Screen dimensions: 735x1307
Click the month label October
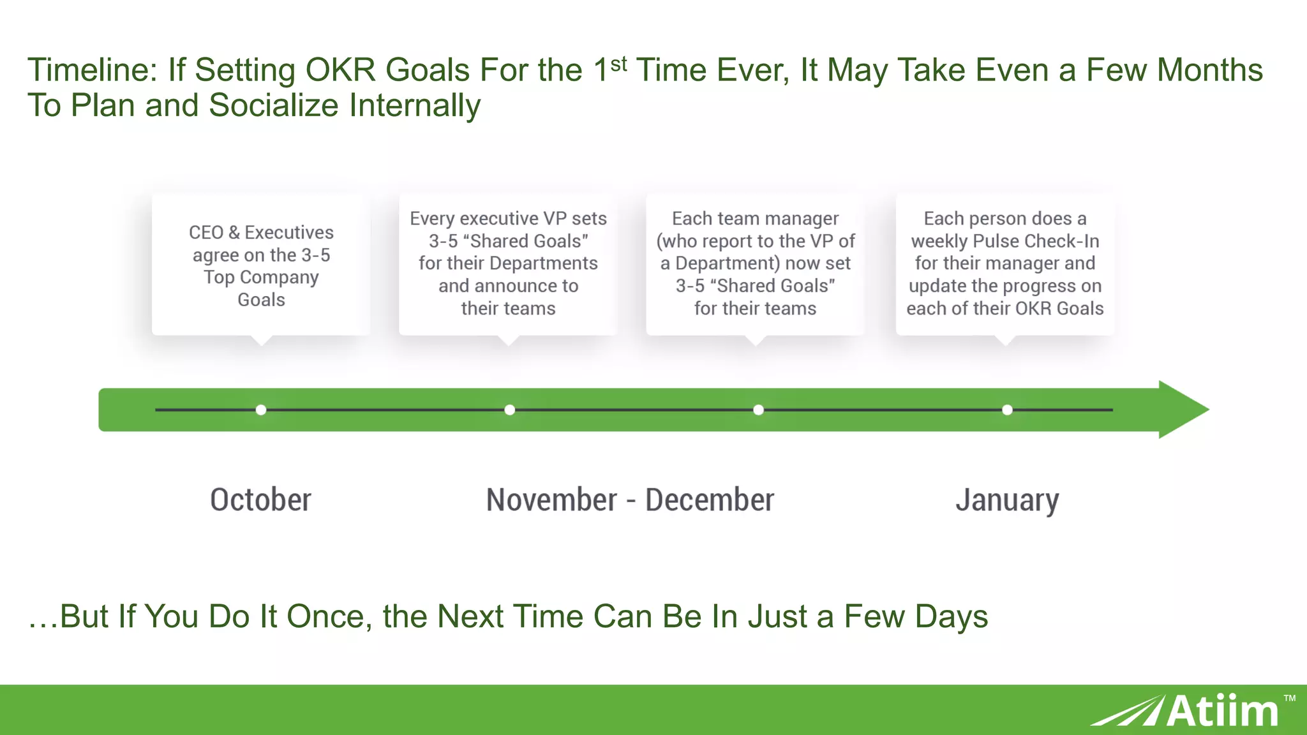coord(260,500)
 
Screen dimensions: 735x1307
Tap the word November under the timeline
coord(551,500)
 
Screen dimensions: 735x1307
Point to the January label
coord(1007,500)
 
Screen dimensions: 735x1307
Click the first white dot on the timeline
coord(261,410)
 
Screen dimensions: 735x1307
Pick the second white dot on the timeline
coord(509,410)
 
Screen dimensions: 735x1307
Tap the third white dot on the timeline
coord(758,410)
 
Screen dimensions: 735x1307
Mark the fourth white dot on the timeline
coord(1007,410)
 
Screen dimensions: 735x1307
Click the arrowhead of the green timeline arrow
coord(1181,410)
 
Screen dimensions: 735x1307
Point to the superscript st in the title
coord(618,64)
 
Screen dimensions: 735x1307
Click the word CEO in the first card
coord(205,232)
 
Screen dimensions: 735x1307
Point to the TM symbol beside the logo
coord(1289,698)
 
